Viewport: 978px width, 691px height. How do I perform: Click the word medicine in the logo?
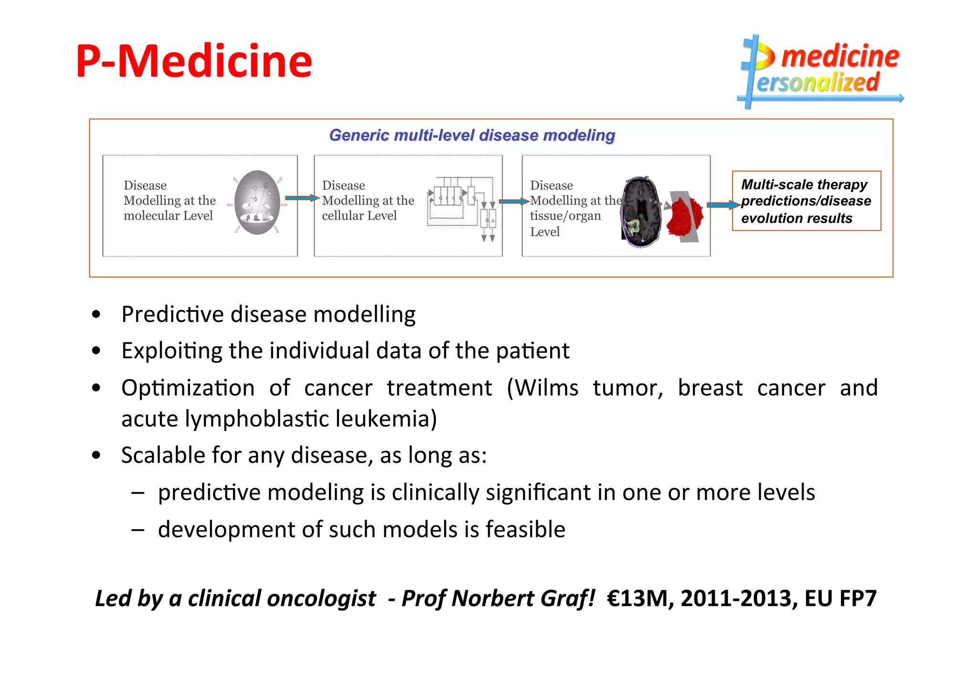(840, 56)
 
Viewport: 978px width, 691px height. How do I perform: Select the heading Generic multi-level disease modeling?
(472, 135)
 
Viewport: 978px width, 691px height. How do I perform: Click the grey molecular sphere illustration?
(257, 202)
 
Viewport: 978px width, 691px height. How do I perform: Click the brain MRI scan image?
(641, 211)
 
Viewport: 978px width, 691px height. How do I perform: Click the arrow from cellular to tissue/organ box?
(514, 202)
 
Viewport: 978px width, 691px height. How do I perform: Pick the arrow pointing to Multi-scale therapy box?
(723, 205)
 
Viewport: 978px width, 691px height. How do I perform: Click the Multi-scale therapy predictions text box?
(806, 201)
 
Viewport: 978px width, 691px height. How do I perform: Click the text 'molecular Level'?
(168, 216)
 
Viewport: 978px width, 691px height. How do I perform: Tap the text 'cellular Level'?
(359, 216)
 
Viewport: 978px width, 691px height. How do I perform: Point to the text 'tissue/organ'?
(565, 216)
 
